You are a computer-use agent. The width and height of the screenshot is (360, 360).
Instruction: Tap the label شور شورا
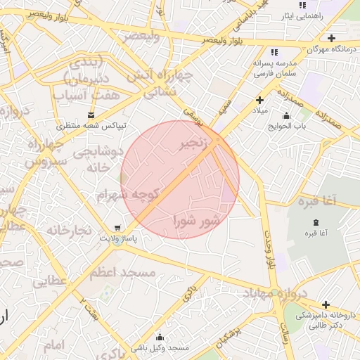(197, 221)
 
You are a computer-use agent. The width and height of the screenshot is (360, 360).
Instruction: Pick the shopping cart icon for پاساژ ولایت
(117, 228)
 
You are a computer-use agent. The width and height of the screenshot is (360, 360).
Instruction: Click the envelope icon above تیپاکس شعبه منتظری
(91, 115)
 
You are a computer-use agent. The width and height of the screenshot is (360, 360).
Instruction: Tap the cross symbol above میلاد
(259, 101)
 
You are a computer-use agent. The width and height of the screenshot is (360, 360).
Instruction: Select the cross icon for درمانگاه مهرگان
(331, 38)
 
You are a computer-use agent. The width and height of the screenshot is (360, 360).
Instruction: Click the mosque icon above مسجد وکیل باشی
(160, 337)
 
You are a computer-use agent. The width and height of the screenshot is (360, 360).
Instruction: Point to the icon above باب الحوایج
(285, 116)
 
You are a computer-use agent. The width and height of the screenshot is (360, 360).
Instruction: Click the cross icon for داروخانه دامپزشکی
(326, 304)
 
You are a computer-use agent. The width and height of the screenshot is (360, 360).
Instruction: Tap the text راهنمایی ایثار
(302, 15)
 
